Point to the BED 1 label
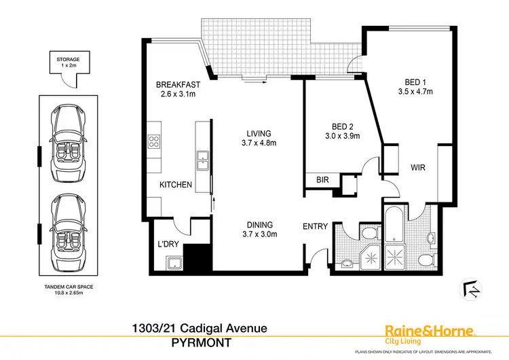(414, 86)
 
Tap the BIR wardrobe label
(322, 180)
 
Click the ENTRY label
(315, 226)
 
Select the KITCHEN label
(176, 185)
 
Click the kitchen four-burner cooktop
(154, 142)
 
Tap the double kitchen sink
(202, 160)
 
